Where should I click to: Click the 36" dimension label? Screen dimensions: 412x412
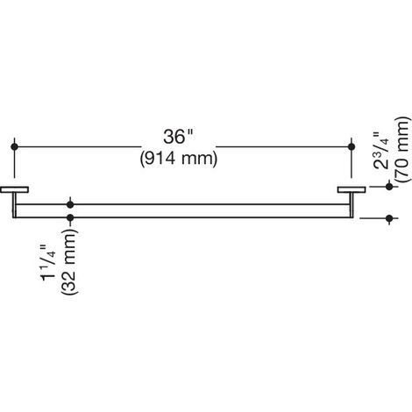pyautogui.click(x=178, y=137)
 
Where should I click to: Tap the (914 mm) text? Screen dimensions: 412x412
pyautogui.click(x=179, y=159)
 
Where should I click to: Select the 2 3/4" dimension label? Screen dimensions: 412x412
pyautogui.click(x=381, y=151)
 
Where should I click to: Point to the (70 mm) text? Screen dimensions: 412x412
pyautogui.click(x=402, y=149)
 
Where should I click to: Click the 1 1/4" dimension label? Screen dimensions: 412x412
pyautogui.click(x=48, y=261)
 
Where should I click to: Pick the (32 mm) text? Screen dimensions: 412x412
pyautogui.click(x=69, y=261)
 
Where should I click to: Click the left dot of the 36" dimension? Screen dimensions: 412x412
pyautogui.click(x=14, y=146)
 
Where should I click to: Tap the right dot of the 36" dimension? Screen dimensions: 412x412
pyautogui.click(x=352, y=146)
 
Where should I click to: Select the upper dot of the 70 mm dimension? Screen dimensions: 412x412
pyautogui.click(x=389, y=186)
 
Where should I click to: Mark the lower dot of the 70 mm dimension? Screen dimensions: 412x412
pyautogui.click(x=389, y=218)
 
